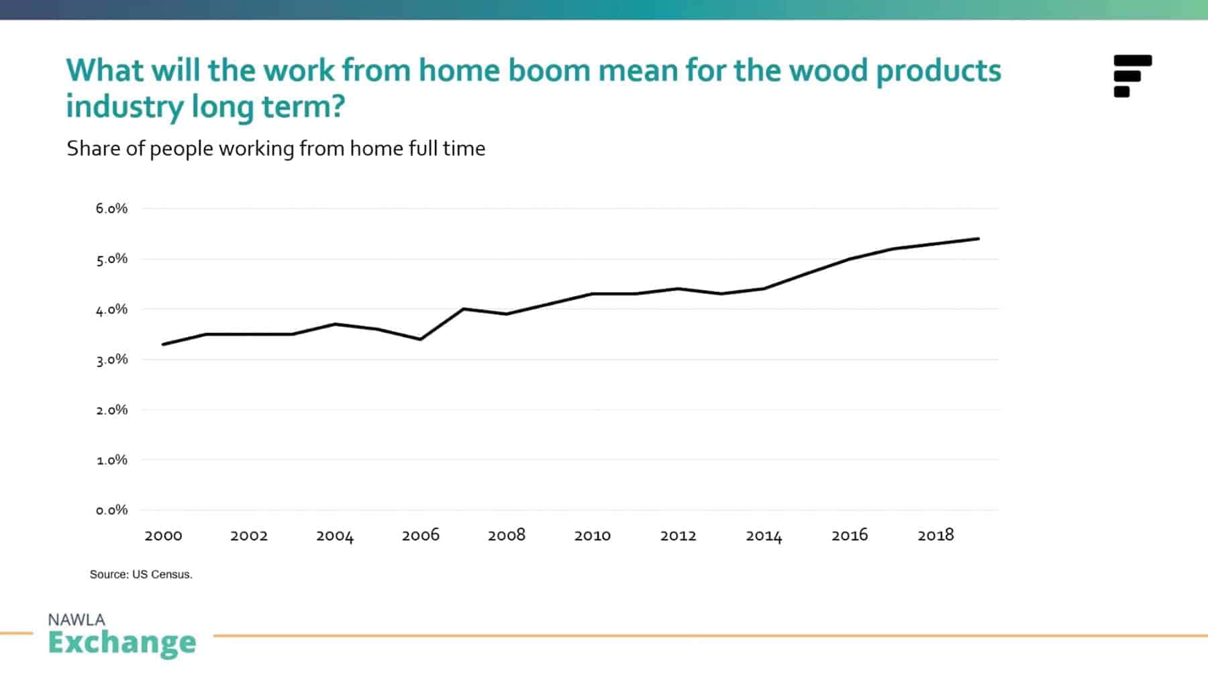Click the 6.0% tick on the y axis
[111, 209]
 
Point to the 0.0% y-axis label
[111, 510]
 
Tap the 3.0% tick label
[111, 360]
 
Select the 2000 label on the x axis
[163, 536]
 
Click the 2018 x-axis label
[936, 535]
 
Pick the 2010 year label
[592, 536]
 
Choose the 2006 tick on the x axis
[421, 535]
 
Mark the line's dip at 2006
[421, 339]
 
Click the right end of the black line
[978, 238]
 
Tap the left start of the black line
[163, 344]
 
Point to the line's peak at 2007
[464, 309]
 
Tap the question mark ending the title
[338, 107]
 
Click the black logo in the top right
[1132, 76]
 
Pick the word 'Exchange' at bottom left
[122, 642]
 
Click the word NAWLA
[77, 620]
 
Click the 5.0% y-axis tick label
[111, 259]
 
